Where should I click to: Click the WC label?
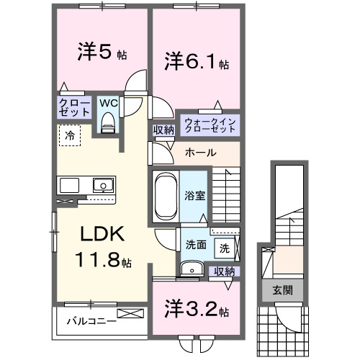point(107,103)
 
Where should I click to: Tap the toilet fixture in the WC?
point(108,123)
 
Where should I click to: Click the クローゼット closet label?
point(75,108)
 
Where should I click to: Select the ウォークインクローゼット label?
point(210,125)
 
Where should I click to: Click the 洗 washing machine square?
point(225,248)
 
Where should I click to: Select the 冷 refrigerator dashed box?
point(70,135)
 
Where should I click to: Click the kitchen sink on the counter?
point(102,186)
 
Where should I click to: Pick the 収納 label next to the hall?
point(163,130)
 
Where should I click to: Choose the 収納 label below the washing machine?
point(225,271)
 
